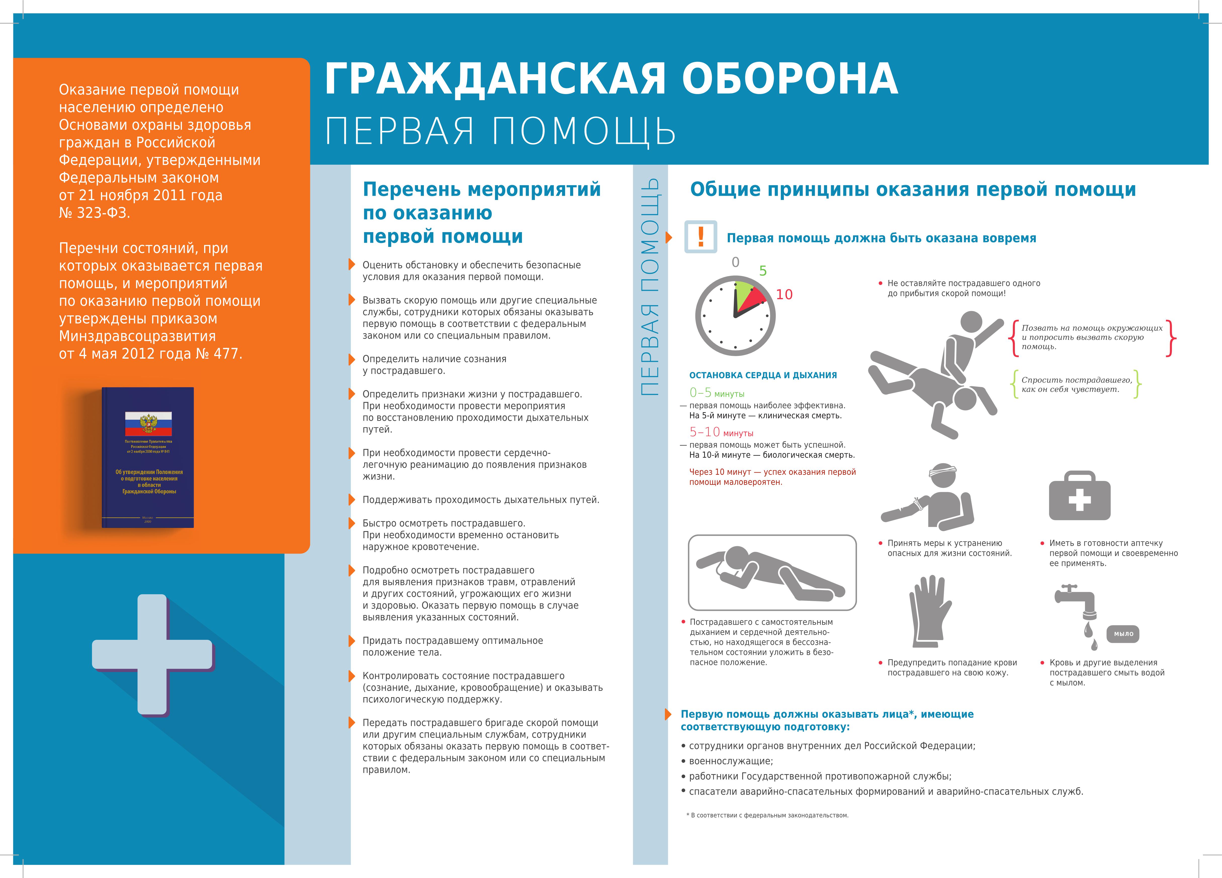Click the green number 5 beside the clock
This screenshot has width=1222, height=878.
(x=762, y=271)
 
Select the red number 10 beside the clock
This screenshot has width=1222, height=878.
(x=784, y=294)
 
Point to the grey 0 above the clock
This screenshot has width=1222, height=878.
(x=736, y=263)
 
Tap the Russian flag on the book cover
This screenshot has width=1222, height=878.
(x=148, y=424)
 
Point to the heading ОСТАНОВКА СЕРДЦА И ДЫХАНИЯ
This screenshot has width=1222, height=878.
(x=763, y=375)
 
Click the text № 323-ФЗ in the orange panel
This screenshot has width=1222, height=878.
(x=94, y=213)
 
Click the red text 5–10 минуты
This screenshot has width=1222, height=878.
(x=721, y=432)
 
